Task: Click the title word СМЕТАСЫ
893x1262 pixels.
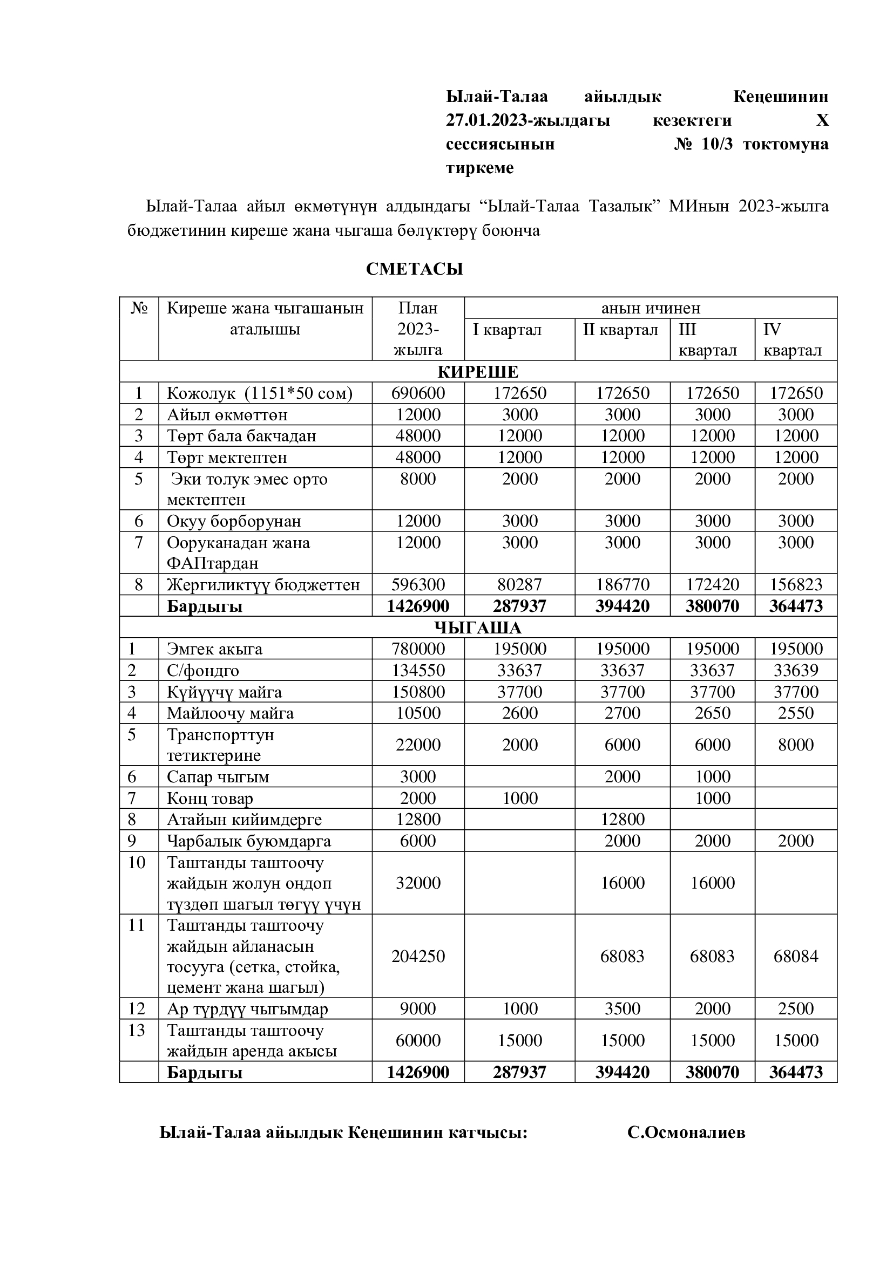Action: pyautogui.click(x=415, y=269)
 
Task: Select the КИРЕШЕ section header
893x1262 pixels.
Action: pyautogui.click(x=478, y=372)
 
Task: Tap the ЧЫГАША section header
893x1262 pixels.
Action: pyautogui.click(x=478, y=627)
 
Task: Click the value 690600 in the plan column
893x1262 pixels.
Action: pyautogui.click(x=418, y=393)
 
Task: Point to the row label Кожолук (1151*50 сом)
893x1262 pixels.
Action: pyautogui.click(x=260, y=393)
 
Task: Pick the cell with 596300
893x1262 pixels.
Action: pyautogui.click(x=418, y=584)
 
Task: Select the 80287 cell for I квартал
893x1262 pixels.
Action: pyautogui.click(x=519, y=584)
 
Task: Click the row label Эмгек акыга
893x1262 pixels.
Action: pyautogui.click(x=214, y=649)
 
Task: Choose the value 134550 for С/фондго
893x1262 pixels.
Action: pyautogui.click(x=418, y=671)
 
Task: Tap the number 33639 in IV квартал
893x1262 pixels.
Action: pyautogui.click(x=796, y=671)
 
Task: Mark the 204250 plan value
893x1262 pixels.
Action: pyautogui.click(x=418, y=957)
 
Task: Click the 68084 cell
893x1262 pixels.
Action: pyautogui.click(x=796, y=957)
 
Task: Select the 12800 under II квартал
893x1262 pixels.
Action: pyautogui.click(x=623, y=820)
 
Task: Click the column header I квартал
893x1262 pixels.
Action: pyautogui.click(x=507, y=330)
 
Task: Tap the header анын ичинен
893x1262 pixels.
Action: pyautogui.click(x=651, y=309)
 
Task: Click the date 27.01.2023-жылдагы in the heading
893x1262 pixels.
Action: pyautogui.click(x=528, y=120)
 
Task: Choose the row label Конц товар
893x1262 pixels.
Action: pyautogui.click(x=210, y=799)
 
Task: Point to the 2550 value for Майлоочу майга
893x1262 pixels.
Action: pyautogui.click(x=796, y=713)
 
